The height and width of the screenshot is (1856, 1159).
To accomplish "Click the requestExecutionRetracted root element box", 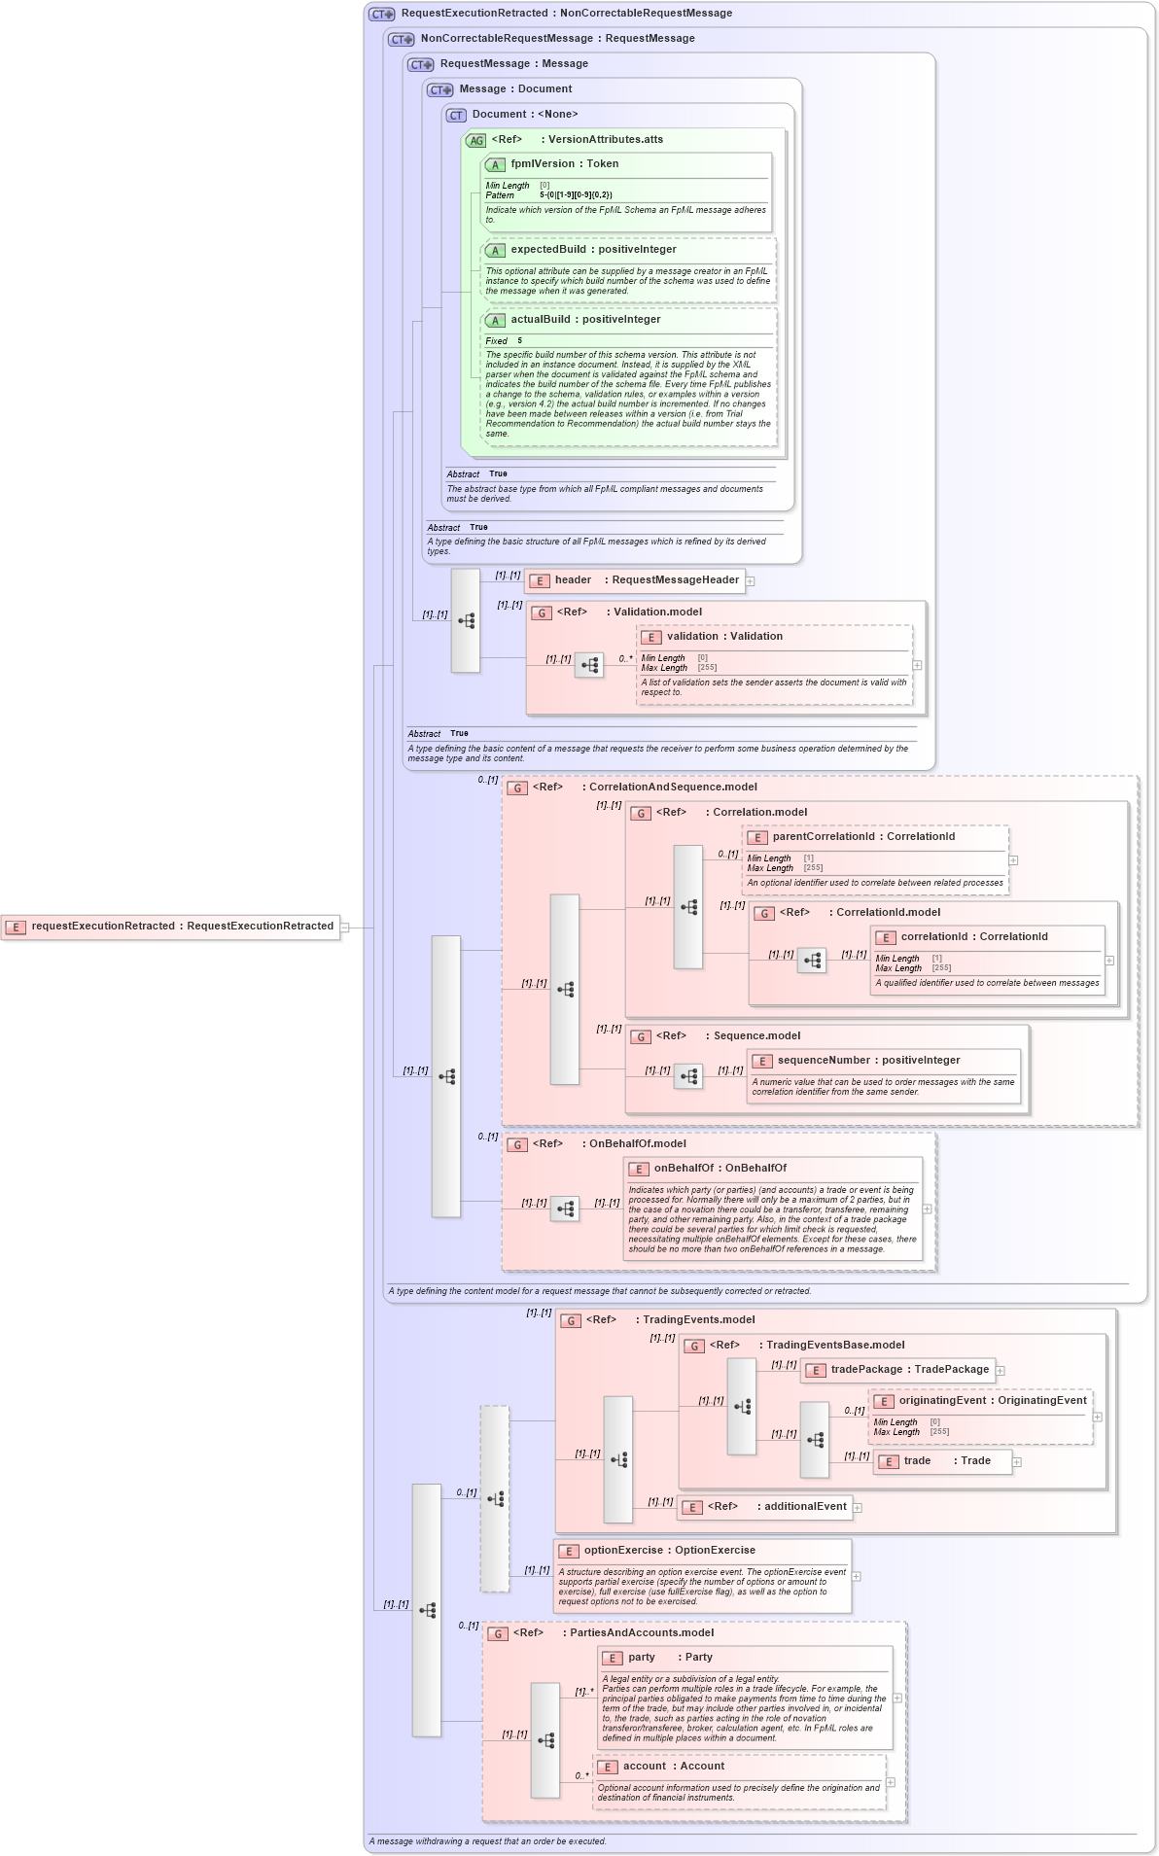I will coord(171,927).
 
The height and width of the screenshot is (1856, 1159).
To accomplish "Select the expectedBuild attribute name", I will coord(548,250).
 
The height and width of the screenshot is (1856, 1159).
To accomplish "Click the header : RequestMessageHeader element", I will coord(635,580).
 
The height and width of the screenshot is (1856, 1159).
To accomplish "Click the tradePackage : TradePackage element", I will coord(896,1370).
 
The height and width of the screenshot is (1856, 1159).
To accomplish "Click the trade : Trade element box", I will coord(942,1461).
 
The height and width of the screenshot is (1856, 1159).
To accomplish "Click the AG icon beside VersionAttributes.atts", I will coord(475,141).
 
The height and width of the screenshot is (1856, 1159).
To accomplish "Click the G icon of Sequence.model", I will coord(641,1037).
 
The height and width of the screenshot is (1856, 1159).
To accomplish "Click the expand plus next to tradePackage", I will coord(1001,1371).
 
